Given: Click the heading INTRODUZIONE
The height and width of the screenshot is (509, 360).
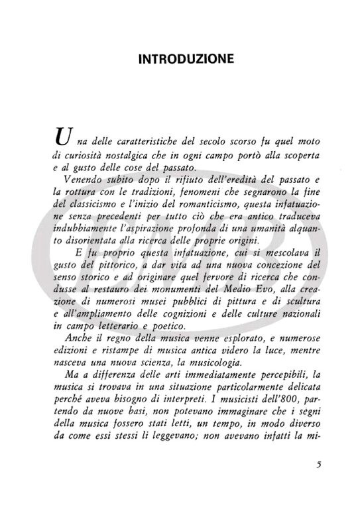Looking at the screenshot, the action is pos(186,60).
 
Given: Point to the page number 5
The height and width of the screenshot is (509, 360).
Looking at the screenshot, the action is pos(318,464).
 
